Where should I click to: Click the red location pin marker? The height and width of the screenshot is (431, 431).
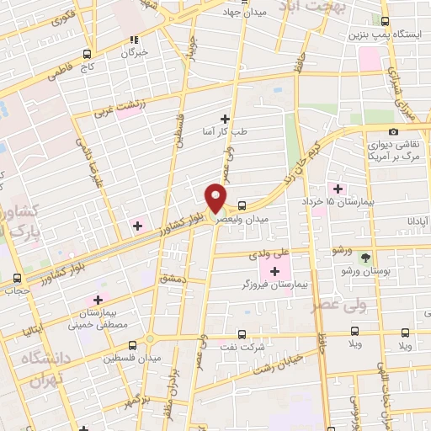pyautogui.click(x=216, y=198)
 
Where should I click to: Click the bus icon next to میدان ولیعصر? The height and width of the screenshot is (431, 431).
pyautogui.click(x=242, y=205)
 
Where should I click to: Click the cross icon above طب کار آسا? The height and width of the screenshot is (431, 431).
pyautogui.click(x=225, y=119)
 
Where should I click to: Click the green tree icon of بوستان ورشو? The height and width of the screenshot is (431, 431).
pyautogui.click(x=365, y=258)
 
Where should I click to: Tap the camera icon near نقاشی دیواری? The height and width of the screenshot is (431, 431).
pyautogui.click(x=394, y=131)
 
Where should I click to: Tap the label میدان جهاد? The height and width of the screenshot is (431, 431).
pyautogui.click(x=244, y=13)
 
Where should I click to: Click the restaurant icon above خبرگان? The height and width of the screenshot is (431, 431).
pyautogui.click(x=133, y=39)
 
